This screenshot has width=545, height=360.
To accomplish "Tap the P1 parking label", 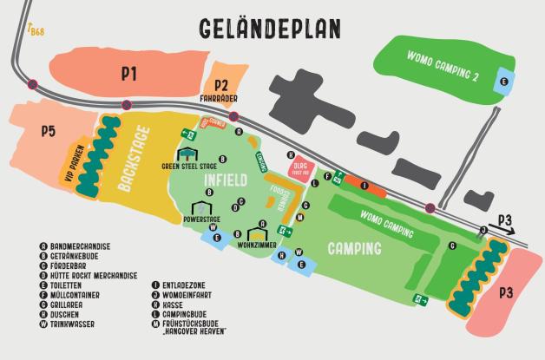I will click(x=129, y=75).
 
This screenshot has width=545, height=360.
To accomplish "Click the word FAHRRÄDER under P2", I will click(x=219, y=98).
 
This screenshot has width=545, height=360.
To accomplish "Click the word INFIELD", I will click(x=226, y=180).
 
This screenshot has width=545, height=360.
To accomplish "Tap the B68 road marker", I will click(x=36, y=31).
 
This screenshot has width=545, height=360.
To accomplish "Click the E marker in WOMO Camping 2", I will click(x=503, y=81).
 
